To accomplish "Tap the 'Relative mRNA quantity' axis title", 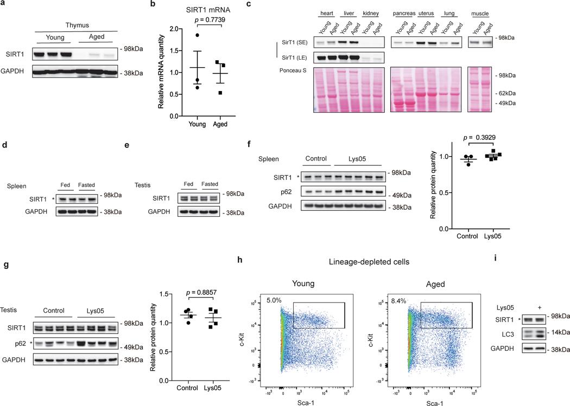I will [x=161, y=72].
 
